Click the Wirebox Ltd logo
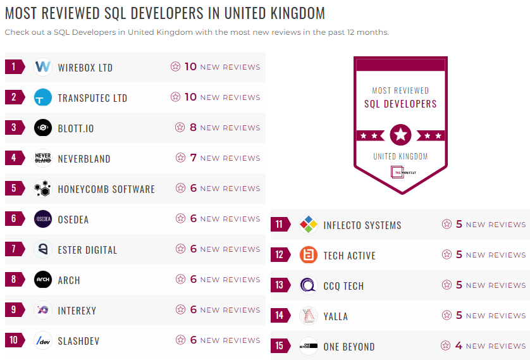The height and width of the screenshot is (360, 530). (43, 67)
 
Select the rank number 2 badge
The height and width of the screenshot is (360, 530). (14, 97)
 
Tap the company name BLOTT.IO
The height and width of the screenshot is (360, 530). (75, 128)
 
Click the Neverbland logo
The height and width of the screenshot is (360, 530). (43, 158)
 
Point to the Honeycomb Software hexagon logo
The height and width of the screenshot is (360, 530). (43, 189)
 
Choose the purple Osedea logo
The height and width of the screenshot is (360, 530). (43, 219)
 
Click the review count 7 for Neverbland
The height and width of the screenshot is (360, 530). (194, 158)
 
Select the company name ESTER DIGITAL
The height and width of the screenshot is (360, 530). (87, 250)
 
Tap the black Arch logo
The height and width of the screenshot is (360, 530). (43, 280)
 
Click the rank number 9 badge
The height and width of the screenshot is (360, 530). (14, 310)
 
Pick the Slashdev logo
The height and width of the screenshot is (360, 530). (43, 340)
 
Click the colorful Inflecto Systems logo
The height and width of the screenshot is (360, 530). (309, 225)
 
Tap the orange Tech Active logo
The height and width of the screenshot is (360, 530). (309, 255)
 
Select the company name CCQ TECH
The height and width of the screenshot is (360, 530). (343, 286)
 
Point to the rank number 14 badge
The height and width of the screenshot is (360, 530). (280, 316)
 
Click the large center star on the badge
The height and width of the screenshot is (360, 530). (400, 134)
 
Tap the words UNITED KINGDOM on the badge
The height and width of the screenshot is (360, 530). (400, 156)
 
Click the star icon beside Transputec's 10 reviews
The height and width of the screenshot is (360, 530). (175, 97)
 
